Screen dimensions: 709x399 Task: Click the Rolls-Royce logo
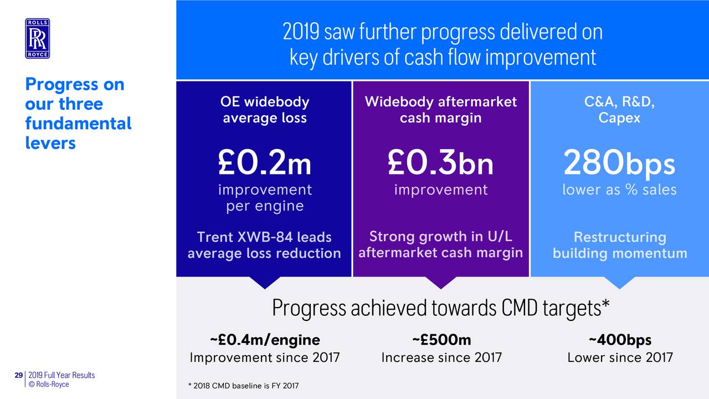coord(37,38)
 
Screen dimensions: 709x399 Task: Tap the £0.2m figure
coord(265,163)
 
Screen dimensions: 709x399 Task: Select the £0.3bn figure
coord(440,163)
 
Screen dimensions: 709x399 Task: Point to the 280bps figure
coord(619,163)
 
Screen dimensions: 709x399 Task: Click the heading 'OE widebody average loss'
coord(265,110)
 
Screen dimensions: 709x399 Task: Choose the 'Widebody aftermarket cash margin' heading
coord(440,110)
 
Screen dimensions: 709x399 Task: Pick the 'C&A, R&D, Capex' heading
coord(619,110)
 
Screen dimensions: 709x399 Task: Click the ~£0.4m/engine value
coord(265,340)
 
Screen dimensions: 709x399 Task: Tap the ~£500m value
coord(441,340)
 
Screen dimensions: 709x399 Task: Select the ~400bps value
coord(620,340)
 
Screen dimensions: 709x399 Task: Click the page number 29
coord(19,375)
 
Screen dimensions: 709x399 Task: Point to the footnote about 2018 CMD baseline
coord(243,386)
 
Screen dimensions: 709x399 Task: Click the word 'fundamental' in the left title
coord(78,123)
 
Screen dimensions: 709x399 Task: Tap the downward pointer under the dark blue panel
coord(265,282)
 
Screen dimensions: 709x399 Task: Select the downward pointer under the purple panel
coord(441,282)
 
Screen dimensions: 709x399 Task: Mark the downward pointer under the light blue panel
coord(619,282)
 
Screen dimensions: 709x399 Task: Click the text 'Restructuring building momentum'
coord(620,245)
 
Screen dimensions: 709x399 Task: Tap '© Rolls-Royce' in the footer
coord(49,384)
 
